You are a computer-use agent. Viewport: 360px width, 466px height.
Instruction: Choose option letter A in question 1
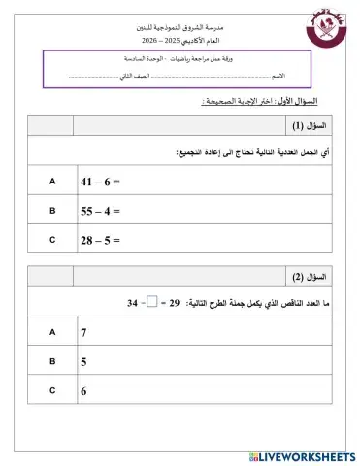(x=52, y=181)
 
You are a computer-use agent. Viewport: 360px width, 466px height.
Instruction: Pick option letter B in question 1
(x=52, y=209)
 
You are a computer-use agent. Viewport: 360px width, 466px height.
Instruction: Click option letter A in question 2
(x=52, y=332)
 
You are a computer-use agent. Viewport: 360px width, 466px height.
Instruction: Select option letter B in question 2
(x=52, y=361)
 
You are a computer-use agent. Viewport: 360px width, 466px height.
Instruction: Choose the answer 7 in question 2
(x=85, y=333)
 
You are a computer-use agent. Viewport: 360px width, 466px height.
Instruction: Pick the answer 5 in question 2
(x=85, y=362)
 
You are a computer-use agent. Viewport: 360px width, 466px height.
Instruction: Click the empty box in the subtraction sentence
(x=151, y=303)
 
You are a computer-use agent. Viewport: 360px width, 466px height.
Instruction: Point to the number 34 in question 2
(x=132, y=304)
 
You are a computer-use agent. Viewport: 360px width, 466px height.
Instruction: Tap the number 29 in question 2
(x=178, y=304)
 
